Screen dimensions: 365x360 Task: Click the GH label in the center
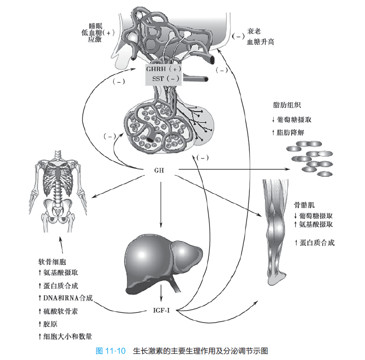(159, 170)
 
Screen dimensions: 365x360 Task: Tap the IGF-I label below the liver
(161, 310)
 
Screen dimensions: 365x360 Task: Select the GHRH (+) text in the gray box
(163, 69)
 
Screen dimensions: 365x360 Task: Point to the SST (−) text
(165, 79)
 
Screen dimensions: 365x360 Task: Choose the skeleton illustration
(58, 191)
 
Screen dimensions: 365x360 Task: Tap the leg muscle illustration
(276, 232)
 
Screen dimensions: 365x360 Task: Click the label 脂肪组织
(287, 105)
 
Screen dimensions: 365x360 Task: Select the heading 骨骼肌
(304, 205)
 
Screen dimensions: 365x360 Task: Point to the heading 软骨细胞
(52, 262)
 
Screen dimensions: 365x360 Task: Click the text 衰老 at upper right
(254, 31)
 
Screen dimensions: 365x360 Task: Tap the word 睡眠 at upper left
(96, 26)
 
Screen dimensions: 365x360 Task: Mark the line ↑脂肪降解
(288, 133)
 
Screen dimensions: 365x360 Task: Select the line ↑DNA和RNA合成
(65, 298)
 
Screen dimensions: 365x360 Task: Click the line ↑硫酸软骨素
(58, 311)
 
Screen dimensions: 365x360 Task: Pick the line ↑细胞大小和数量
(65, 336)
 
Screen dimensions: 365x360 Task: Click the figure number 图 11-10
(110, 351)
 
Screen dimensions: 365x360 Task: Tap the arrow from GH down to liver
(161, 205)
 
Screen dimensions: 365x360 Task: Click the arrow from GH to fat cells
(234, 169)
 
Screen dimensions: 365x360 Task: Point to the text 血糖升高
(261, 42)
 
